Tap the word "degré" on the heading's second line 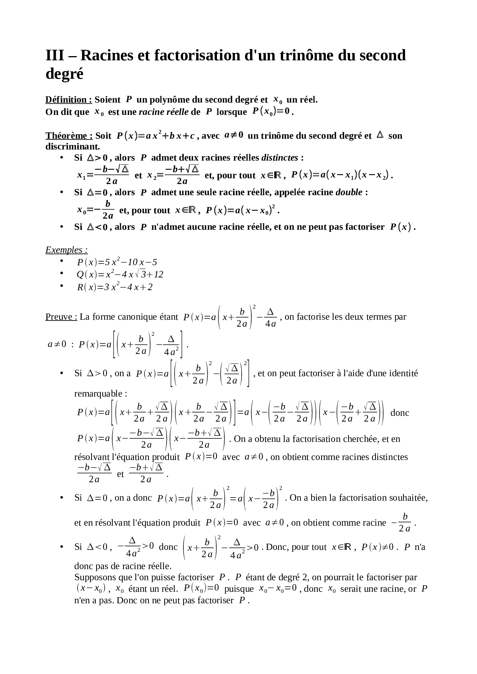[64, 73]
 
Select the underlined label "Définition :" [68, 100]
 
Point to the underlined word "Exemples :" [67, 250]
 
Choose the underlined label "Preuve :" [61, 317]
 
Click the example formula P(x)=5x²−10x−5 [117, 262]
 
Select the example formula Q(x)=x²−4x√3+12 [120, 274]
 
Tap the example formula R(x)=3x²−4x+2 [115, 287]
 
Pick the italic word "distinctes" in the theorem [280, 158]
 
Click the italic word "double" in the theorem [349, 192]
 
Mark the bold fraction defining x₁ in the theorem [112, 175]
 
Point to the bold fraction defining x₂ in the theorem [182, 175]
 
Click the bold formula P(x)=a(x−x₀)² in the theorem [241, 210]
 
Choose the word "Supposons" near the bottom [94, 577]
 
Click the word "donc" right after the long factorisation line [400, 413]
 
